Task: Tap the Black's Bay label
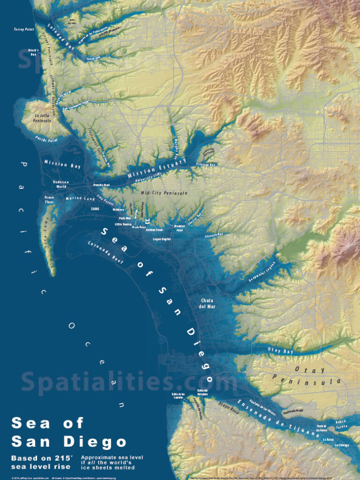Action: pyautogui.click(x=33, y=52)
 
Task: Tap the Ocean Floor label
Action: pyautogui.click(x=50, y=200)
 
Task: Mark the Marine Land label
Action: pyautogui.click(x=81, y=198)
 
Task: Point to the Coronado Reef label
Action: pyautogui.click(x=106, y=254)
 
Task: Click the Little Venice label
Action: pyautogui.click(x=123, y=225)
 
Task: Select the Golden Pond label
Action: pyautogui.click(x=154, y=230)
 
